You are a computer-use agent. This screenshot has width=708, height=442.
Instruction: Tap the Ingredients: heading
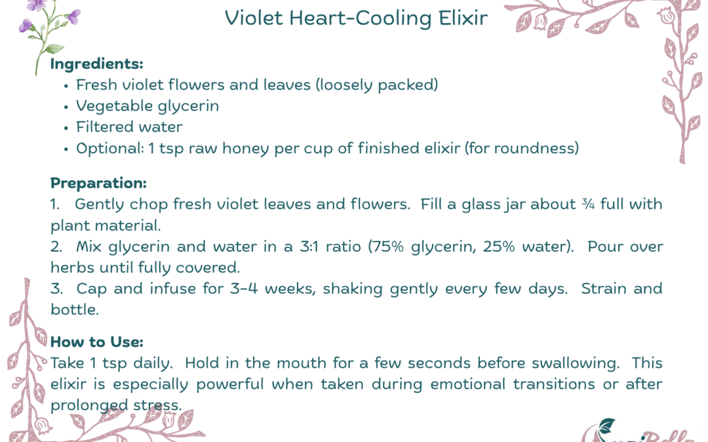[x=96, y=64]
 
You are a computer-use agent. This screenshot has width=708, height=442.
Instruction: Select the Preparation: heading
[x=98, y=183]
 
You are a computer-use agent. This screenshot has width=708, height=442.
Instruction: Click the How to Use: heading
[x=96, y=341]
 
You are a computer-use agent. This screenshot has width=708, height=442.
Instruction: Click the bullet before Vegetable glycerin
[x=66, y=107]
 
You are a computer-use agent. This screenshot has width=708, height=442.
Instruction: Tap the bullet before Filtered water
[x=66, y=128]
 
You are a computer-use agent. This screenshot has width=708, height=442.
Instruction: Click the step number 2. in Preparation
[x=56, y=246]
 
